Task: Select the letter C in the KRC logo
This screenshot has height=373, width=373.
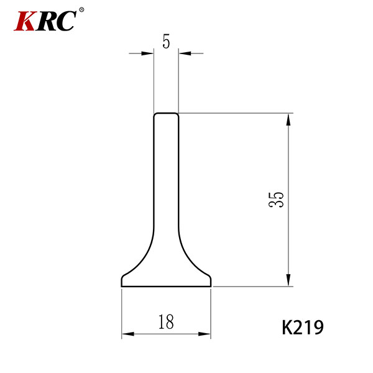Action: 66,21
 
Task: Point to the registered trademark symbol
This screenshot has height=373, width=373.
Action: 81,10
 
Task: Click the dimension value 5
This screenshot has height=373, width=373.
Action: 166,42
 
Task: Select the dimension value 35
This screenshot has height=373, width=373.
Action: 276,200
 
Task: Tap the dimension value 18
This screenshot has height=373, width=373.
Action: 166,321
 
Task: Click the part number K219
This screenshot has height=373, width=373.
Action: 303,328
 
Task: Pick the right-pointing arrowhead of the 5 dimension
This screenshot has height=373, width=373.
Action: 147,53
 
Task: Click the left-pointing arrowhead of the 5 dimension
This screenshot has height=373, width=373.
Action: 185,53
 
